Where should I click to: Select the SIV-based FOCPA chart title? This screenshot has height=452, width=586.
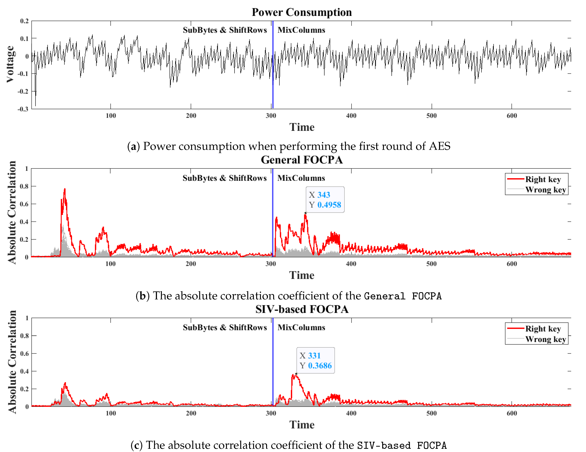click(x=302, y=309)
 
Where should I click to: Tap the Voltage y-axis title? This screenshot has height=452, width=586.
click(x=10, y=64)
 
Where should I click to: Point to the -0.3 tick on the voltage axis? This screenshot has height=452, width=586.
click(x=23, y=109)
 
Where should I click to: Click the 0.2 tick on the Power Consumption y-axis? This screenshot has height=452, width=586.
click(x=24, y=21)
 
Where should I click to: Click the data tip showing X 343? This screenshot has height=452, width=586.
click(x=325, y=200)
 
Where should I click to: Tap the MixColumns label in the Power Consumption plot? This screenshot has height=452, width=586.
click(x=301, y=30)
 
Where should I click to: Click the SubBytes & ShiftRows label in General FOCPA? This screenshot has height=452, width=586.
click(x=225, y=178)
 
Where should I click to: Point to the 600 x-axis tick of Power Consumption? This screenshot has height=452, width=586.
click(x=512, y=116)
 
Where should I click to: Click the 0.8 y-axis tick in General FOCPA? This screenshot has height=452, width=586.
click(x=24, y=186)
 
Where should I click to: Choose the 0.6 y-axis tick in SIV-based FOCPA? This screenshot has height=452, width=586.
click(x=24, y=353)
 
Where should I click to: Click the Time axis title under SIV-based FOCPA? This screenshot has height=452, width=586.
click(x=302, y=425)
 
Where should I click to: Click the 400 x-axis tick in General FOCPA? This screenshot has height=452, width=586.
click(x=351, y=264)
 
